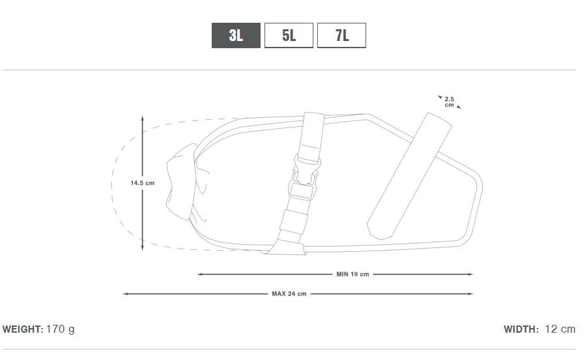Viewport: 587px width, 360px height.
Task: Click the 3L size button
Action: click(236, 36)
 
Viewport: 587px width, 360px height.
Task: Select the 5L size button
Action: click(289, 36)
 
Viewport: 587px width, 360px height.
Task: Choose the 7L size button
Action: click(341, 36)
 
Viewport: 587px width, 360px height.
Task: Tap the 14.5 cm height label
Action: click(142, 183)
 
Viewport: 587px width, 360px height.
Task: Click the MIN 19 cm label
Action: click(352, 274)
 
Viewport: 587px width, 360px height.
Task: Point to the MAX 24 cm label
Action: click(289, 294)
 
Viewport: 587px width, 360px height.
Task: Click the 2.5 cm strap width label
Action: click(450, 102)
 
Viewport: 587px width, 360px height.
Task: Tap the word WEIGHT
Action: click(23, 329)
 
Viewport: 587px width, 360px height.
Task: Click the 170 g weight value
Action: click(61, 329)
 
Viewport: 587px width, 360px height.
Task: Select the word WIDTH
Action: click(521, 329)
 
